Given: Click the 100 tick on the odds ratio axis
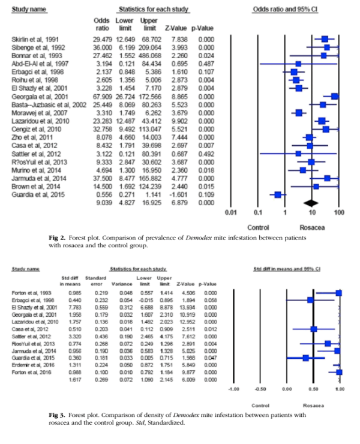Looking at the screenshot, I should [338, 212].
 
